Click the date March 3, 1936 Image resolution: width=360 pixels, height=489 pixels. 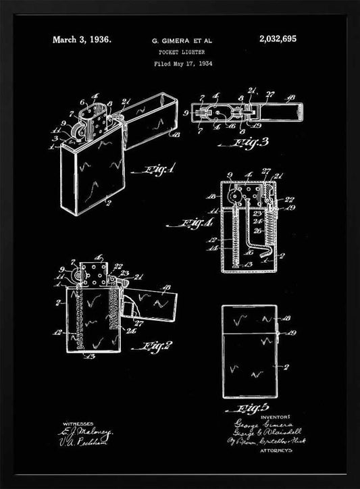(x=82, y=40)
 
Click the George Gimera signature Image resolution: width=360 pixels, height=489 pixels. (x=255, y=419)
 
